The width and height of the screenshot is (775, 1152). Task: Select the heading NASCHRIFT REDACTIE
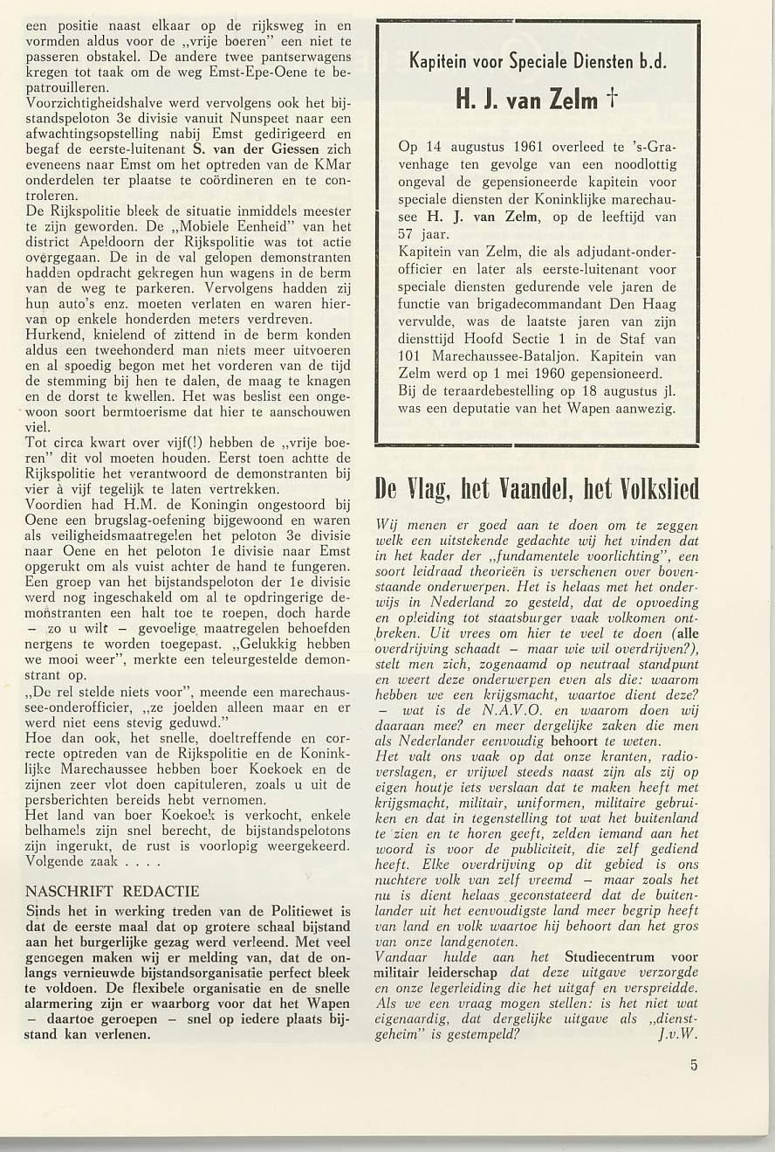[x=113, y=892]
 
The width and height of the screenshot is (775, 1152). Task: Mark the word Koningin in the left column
[x=181, y=504]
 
